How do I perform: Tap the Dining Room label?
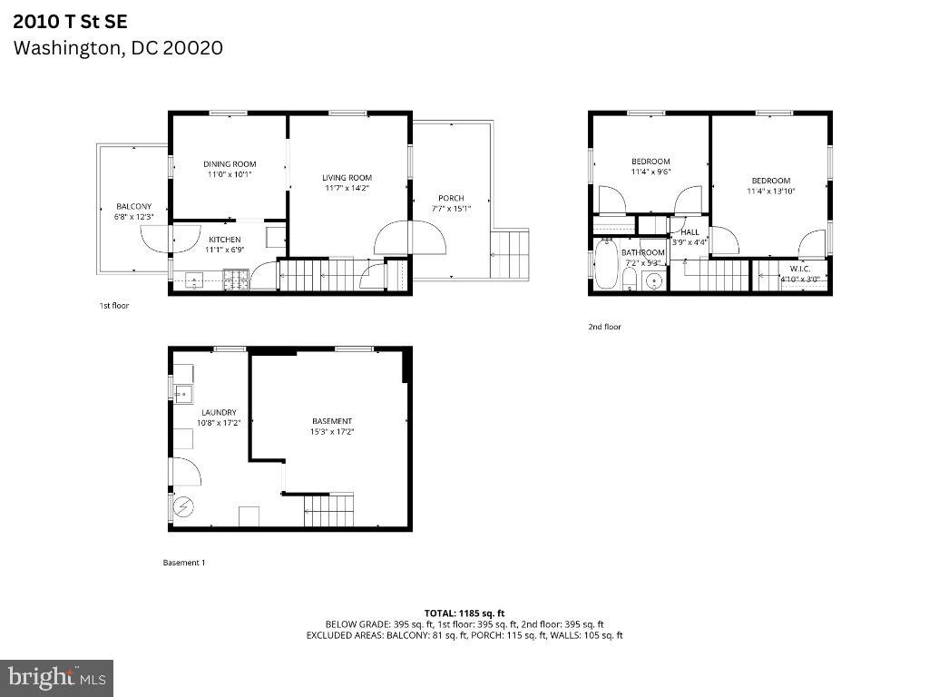(x=229, y=164)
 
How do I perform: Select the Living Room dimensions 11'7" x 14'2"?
(x=347, y=188)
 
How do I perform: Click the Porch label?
(x=451, y=198)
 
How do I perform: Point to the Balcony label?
(x=134, y=206)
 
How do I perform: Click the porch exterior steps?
(x=509, y=254)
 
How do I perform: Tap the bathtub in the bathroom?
(x=606, y=264)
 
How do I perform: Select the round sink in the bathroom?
(x=653, y=280)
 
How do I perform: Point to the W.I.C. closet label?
(x=799, y=269)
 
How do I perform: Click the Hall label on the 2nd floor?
(x=690, y=232)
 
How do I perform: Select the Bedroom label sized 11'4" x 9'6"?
(x=650, y=162)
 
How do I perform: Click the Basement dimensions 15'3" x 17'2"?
(x=331, y=432)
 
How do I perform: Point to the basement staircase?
(x=328, y=510)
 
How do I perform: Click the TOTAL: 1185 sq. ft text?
(x=464, y=613)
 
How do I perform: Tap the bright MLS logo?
(x=56, y=677)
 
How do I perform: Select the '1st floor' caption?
(x=114, y=306)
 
